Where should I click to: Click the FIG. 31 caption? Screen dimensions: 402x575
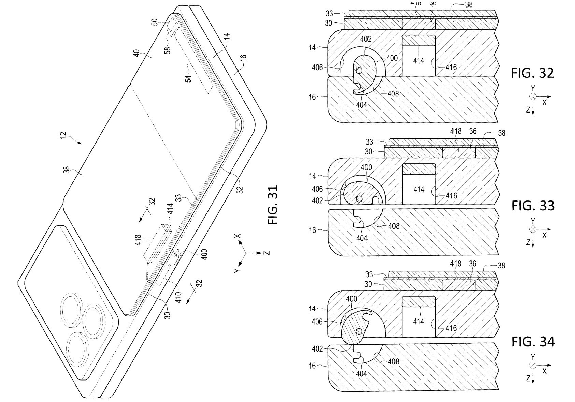(273, 205)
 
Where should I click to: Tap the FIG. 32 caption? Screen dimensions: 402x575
(532, 73)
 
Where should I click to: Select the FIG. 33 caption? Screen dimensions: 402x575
(533, 206)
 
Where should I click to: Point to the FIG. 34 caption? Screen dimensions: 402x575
(533, 342)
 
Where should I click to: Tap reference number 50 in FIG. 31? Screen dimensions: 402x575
(155, 23)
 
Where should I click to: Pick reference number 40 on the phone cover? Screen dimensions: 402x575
(136, 54)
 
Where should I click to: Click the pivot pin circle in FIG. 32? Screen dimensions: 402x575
(359, 70)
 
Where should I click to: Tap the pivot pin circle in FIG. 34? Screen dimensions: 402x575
(359, 331)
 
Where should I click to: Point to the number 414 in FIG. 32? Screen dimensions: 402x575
(418, 61)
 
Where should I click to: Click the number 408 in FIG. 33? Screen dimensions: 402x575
(393, 226)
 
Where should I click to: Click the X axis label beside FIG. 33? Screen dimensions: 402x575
(544, 235)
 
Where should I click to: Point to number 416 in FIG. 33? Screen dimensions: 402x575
(451, 196)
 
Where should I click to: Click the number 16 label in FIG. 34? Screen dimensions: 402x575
(312, 366)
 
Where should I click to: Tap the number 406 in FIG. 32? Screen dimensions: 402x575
(317, 68)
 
